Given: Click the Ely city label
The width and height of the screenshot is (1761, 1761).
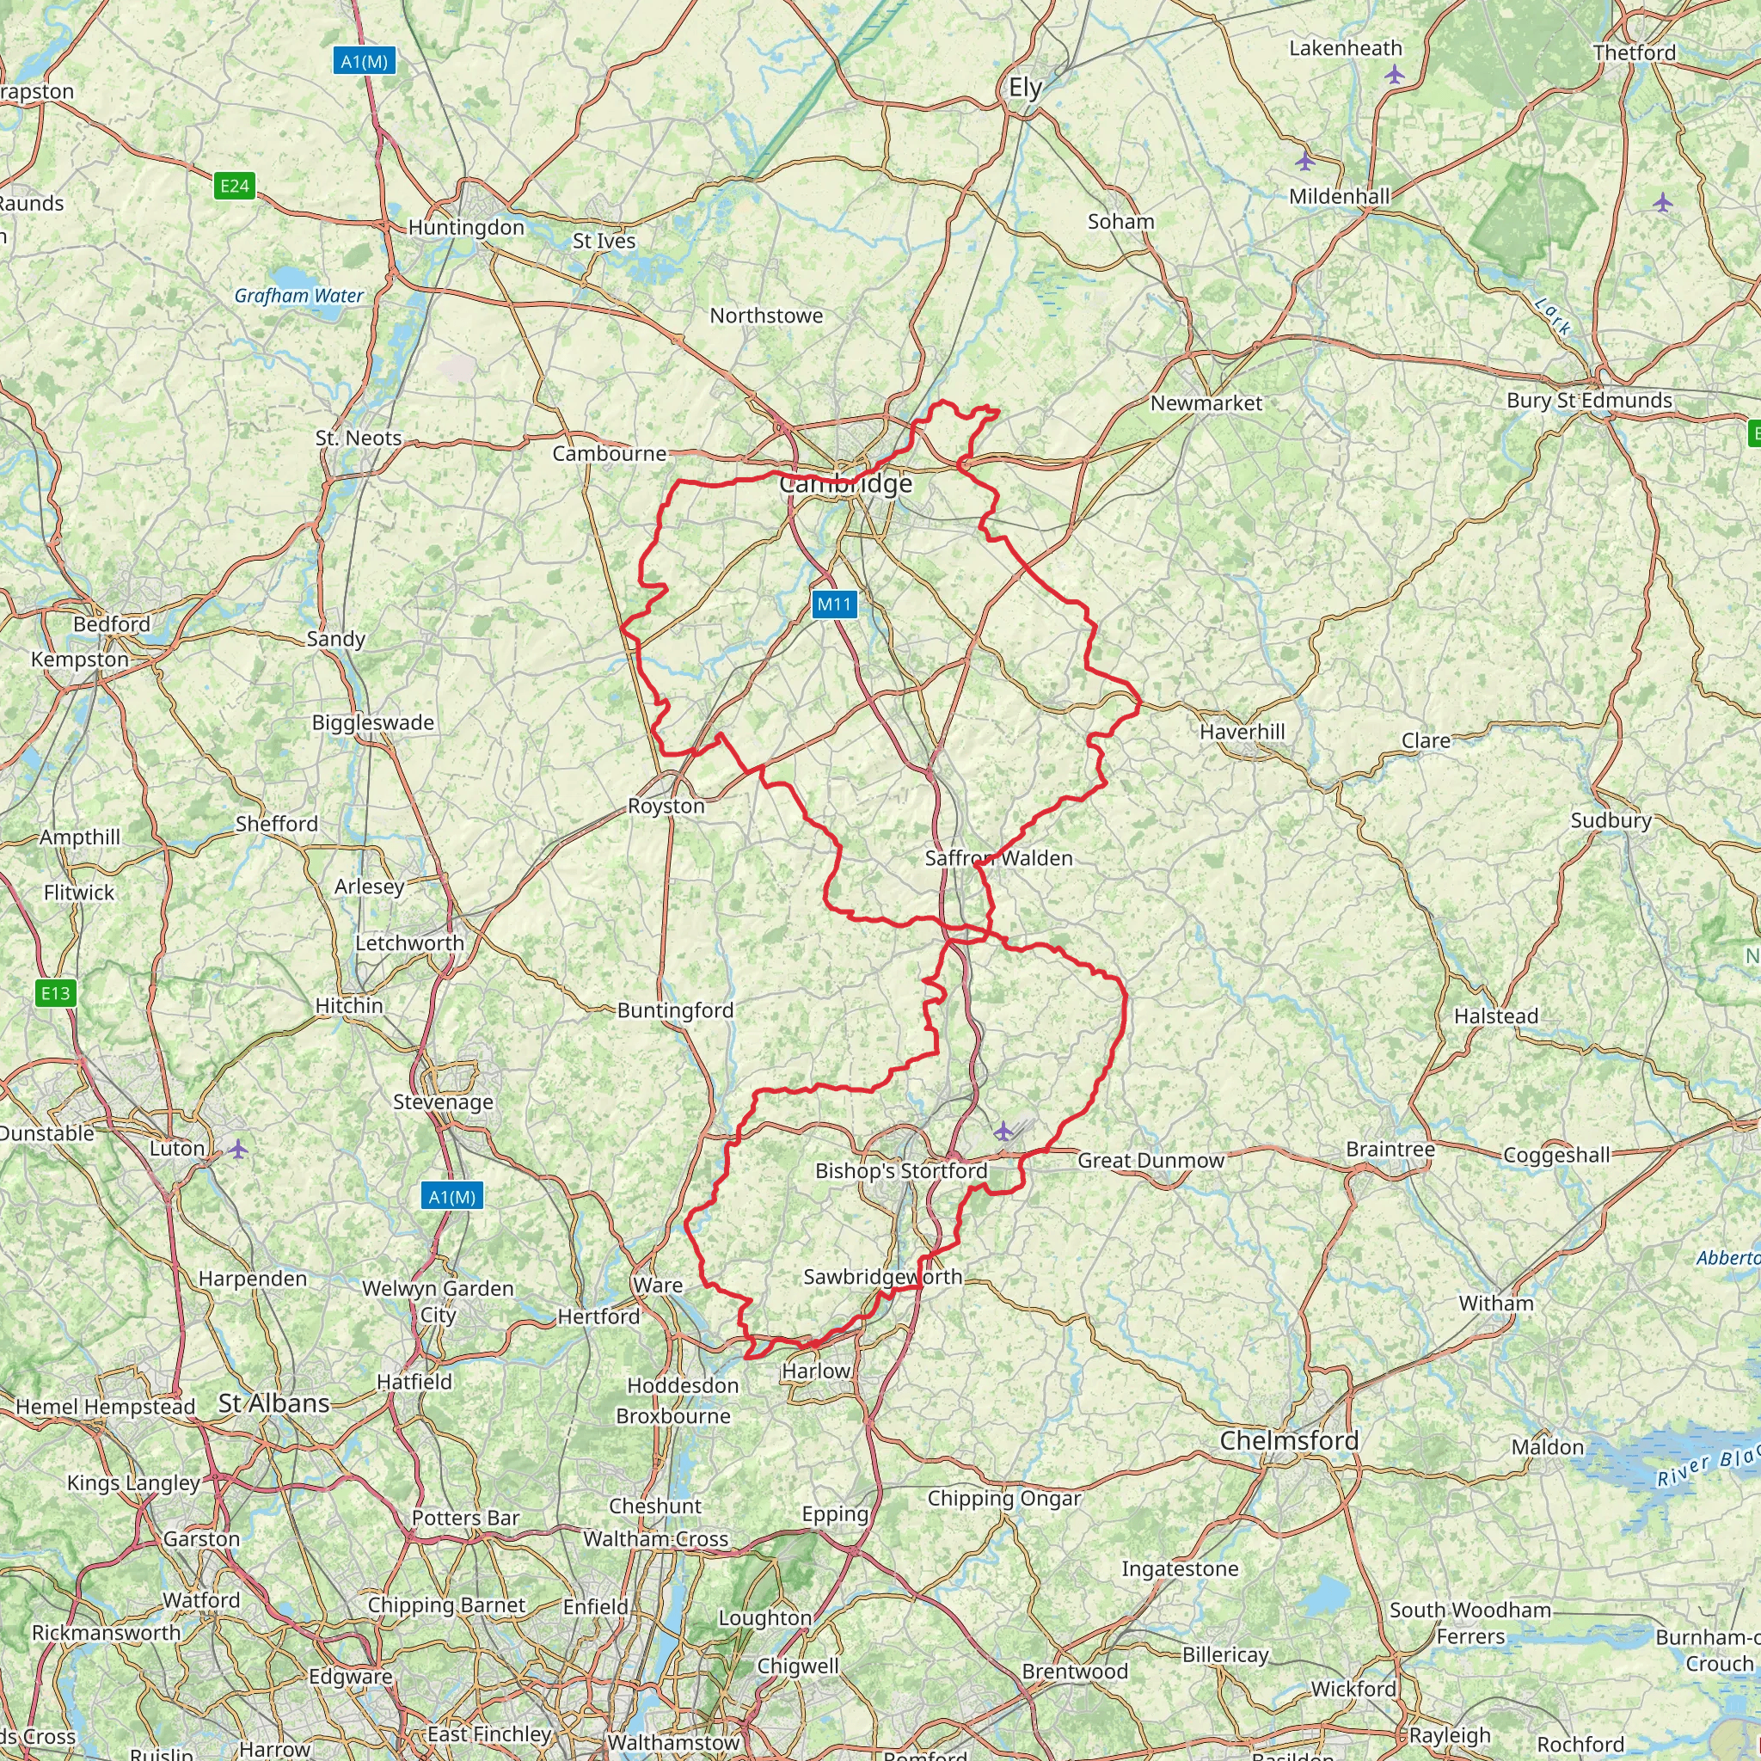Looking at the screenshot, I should tap(1026, 89).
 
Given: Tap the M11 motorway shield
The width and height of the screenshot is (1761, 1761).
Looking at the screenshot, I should tap(834, 604).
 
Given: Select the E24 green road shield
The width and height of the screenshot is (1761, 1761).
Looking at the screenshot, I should tap(234, 186).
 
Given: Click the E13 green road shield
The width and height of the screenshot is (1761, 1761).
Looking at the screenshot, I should tap(55, 992).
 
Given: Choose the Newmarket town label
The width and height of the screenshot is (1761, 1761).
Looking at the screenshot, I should tap(1206, 403).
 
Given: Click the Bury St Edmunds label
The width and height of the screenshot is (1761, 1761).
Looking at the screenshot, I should tap(1590, 400).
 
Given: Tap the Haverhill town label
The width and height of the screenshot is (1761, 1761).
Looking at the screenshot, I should tap(1243, 732).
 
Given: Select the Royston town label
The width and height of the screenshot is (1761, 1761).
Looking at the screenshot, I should tap(666, 806).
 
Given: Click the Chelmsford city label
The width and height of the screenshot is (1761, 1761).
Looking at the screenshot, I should tap(1289, 1441).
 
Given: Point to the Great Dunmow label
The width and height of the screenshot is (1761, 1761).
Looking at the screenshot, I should tap(1150, 1160).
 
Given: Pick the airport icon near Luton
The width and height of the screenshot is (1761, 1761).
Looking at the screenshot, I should tap(238, 1148).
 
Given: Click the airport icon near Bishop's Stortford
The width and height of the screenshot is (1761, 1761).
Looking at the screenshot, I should tap(1003, 1132).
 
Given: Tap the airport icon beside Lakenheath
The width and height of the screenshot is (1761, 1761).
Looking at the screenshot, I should tap(1395, 75).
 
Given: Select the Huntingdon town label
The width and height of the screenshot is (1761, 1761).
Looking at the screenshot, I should tap(466, 227).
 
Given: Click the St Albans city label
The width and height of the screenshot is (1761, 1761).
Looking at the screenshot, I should tap(273, 1403).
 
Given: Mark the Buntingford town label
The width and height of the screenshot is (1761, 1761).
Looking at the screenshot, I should tap(675, 1010).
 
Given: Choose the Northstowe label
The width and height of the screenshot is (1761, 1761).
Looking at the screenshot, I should tap(766, 316).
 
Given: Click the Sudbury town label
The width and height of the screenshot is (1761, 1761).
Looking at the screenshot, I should tap(1611, 820).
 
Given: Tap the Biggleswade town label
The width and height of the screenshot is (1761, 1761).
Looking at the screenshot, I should tap(373, 723).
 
